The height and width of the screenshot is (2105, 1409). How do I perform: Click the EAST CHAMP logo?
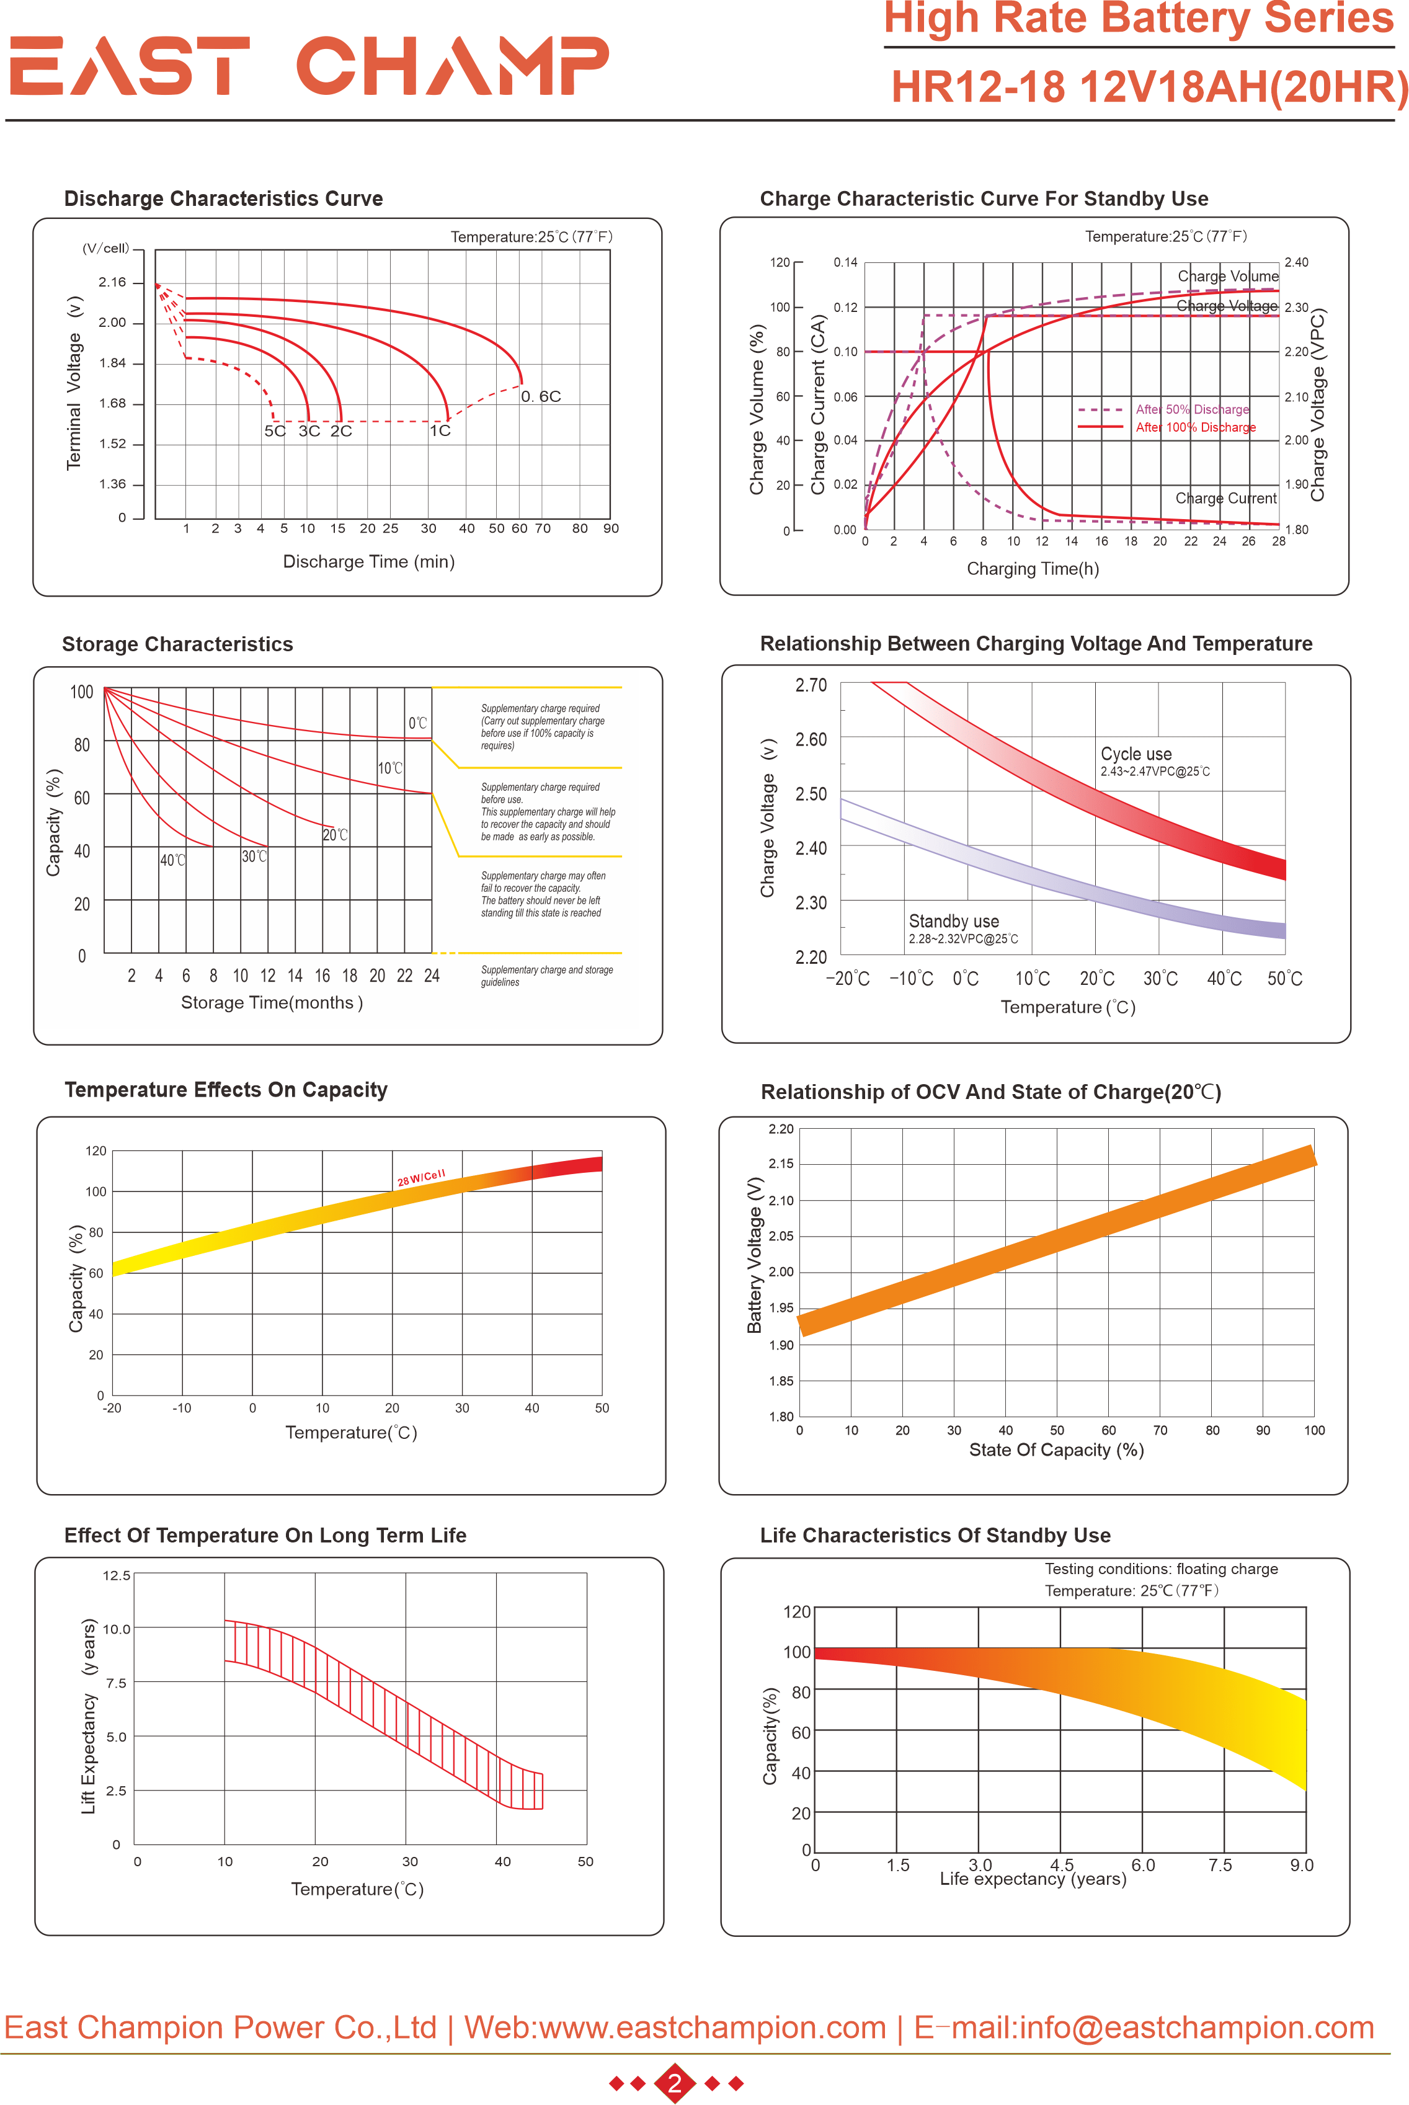[308, 66]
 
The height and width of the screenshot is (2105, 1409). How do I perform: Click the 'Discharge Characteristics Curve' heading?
[223, 198]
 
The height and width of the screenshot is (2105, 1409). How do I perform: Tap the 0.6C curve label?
[541, 396]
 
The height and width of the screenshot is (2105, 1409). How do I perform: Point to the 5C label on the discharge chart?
[274, 431]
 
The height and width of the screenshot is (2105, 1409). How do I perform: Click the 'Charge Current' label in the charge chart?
[1225, 499]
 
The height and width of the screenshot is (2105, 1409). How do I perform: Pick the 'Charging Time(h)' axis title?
[1033, 569]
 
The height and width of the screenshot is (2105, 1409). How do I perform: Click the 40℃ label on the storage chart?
[172, 861]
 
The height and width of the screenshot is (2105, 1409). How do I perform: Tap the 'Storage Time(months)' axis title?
[272, 1003]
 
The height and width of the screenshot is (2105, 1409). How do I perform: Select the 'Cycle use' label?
[1136, 754]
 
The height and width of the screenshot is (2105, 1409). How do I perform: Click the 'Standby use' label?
[953, 921]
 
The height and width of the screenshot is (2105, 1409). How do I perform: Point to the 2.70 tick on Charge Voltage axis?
[811, 685]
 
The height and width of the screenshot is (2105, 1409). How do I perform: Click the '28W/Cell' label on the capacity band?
[420, 1178]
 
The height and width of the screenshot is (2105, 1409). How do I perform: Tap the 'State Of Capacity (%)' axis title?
[1056, 1449]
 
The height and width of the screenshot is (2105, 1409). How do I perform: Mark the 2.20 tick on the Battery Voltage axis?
[781, 1129]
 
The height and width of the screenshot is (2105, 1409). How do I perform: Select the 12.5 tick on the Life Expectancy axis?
[116, 1576]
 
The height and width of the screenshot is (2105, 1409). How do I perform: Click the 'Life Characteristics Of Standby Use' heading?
[935, 1536]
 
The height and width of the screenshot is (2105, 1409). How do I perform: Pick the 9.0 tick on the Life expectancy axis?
[1301, 1865]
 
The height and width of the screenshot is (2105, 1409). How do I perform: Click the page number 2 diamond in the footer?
[675, 2083]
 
